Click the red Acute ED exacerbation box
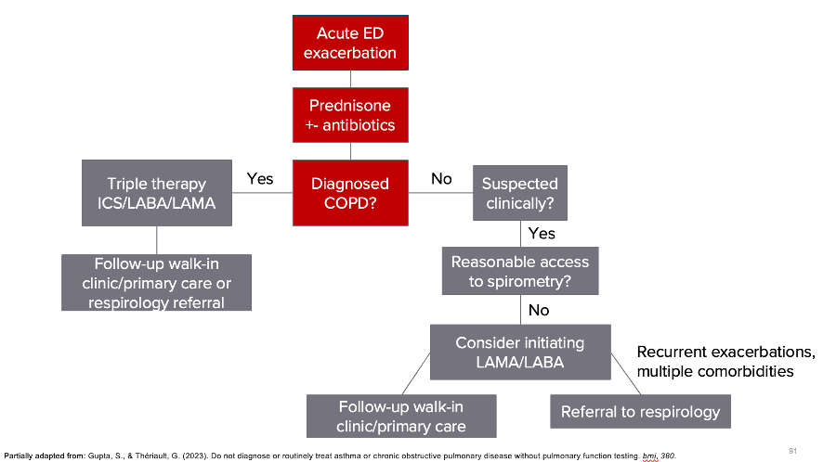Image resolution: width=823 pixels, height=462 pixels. (350, 43)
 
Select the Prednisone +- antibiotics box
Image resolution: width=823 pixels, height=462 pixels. (350, 115)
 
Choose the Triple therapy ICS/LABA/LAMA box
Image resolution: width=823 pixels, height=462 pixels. (156, 193)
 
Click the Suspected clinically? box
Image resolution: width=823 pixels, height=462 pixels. (520, 193)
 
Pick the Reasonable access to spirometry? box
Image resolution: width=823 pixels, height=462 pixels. (519, 271)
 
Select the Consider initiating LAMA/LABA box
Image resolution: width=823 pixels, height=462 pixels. (519, 352)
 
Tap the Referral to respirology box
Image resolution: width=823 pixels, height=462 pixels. (640, 412)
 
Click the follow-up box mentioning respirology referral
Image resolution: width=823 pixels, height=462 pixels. (157, 282)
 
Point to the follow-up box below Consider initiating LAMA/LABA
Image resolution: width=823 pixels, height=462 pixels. (401, 417)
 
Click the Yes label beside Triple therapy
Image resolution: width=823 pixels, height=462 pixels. (260, 178)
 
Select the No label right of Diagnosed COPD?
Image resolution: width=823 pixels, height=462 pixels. (441, 178)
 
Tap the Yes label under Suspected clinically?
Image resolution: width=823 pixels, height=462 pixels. (542, 233)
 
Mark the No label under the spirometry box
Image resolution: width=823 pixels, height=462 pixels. (540, 310)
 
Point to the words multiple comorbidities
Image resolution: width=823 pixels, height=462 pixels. (715, 371)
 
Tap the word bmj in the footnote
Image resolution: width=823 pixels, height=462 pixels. (650, 455)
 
